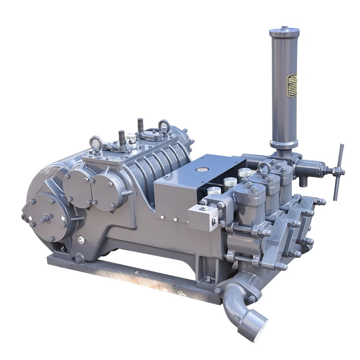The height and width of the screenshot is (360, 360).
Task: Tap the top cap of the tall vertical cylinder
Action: click(x=284, y=32)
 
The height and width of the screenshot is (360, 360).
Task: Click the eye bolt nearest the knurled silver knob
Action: click(x=95, y=143)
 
